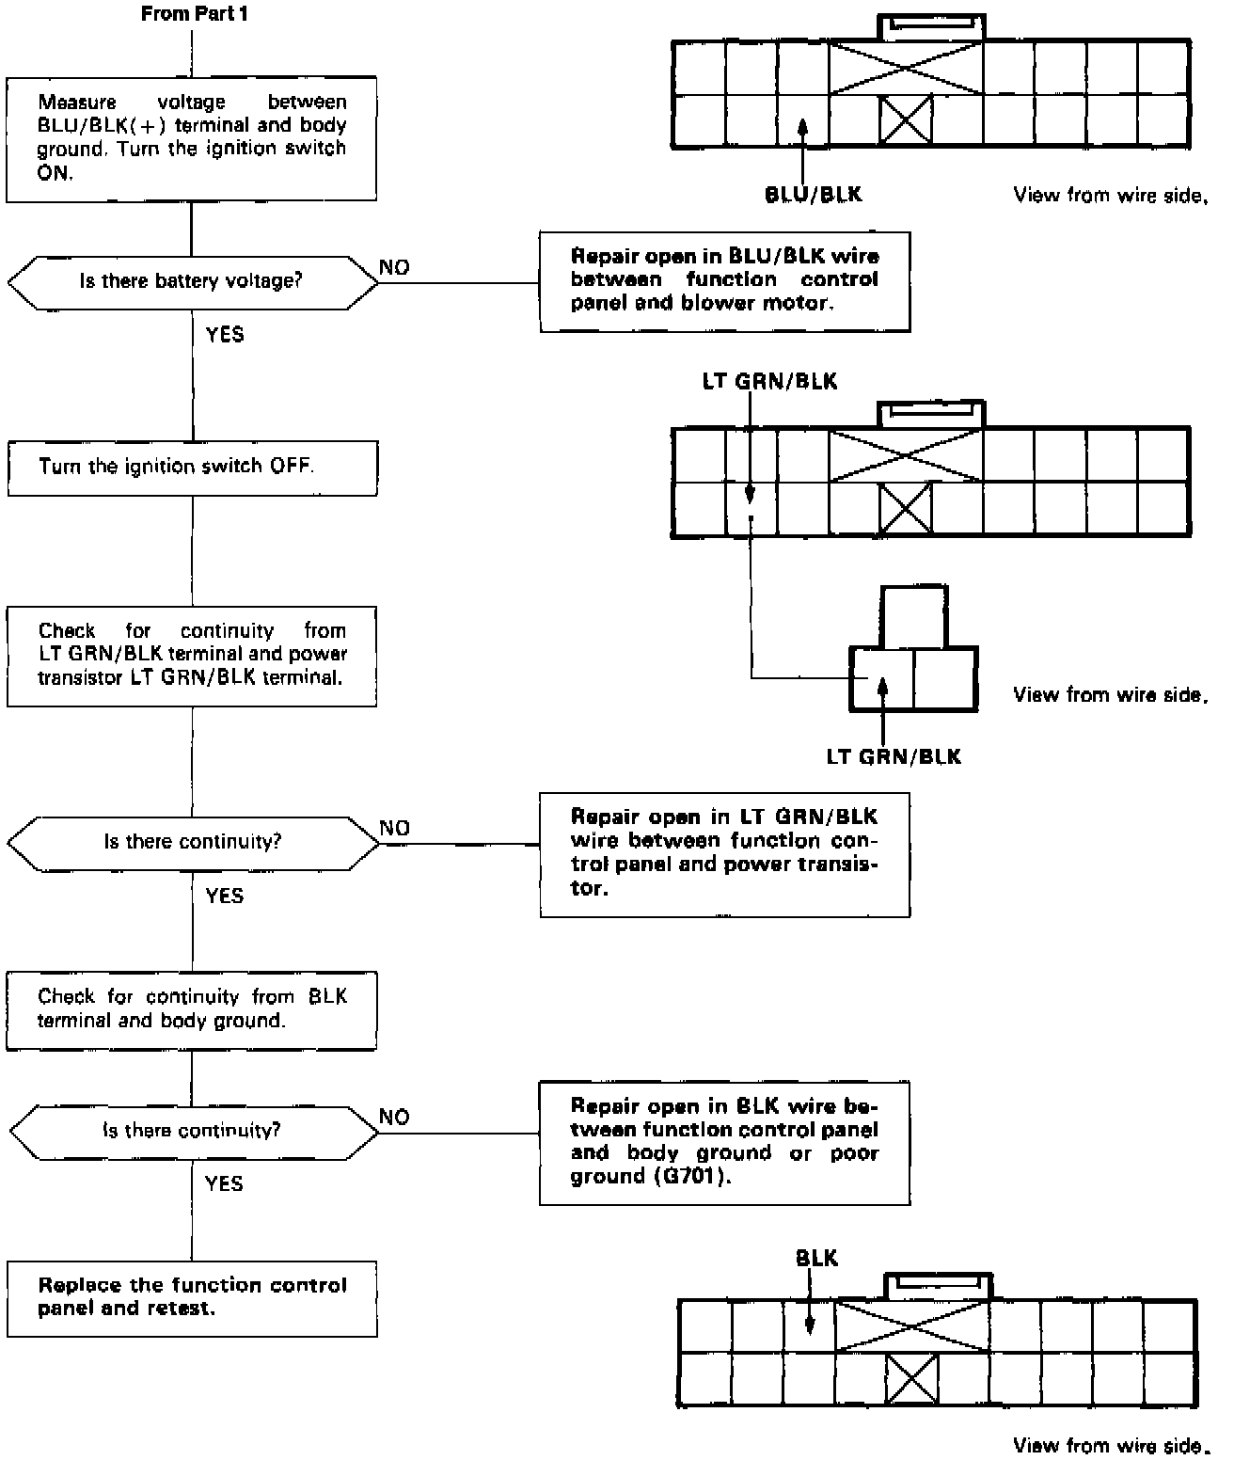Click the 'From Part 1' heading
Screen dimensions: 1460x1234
coord(195,14)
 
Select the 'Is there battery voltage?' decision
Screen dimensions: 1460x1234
coord(192,281)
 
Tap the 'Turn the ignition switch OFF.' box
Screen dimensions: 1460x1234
coord(192,467)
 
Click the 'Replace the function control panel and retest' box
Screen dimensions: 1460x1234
coord(192,1297)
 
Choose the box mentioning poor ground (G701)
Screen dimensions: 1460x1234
coord(724,1141)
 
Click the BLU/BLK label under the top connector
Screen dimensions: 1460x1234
coord(813,195)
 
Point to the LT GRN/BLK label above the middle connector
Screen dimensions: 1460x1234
coord(769,381)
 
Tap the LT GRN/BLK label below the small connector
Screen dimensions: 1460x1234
coord(894,756)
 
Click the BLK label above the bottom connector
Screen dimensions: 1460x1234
coord(816,1258)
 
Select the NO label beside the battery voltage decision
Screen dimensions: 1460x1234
coord(394,267)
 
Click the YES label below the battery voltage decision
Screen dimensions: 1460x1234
coord(225,334)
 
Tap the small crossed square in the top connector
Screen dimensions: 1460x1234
coord(905,120)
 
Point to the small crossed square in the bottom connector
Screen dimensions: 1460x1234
coord(911,1379)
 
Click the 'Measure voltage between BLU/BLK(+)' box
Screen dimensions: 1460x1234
coord(192,137)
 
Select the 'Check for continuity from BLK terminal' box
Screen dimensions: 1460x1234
coord(192,1009)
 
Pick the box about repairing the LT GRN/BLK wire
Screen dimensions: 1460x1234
coord(724,853)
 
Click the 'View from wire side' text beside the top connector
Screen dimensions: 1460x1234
coord(1109,196)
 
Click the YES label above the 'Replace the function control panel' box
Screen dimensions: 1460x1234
coord(224,1182)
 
